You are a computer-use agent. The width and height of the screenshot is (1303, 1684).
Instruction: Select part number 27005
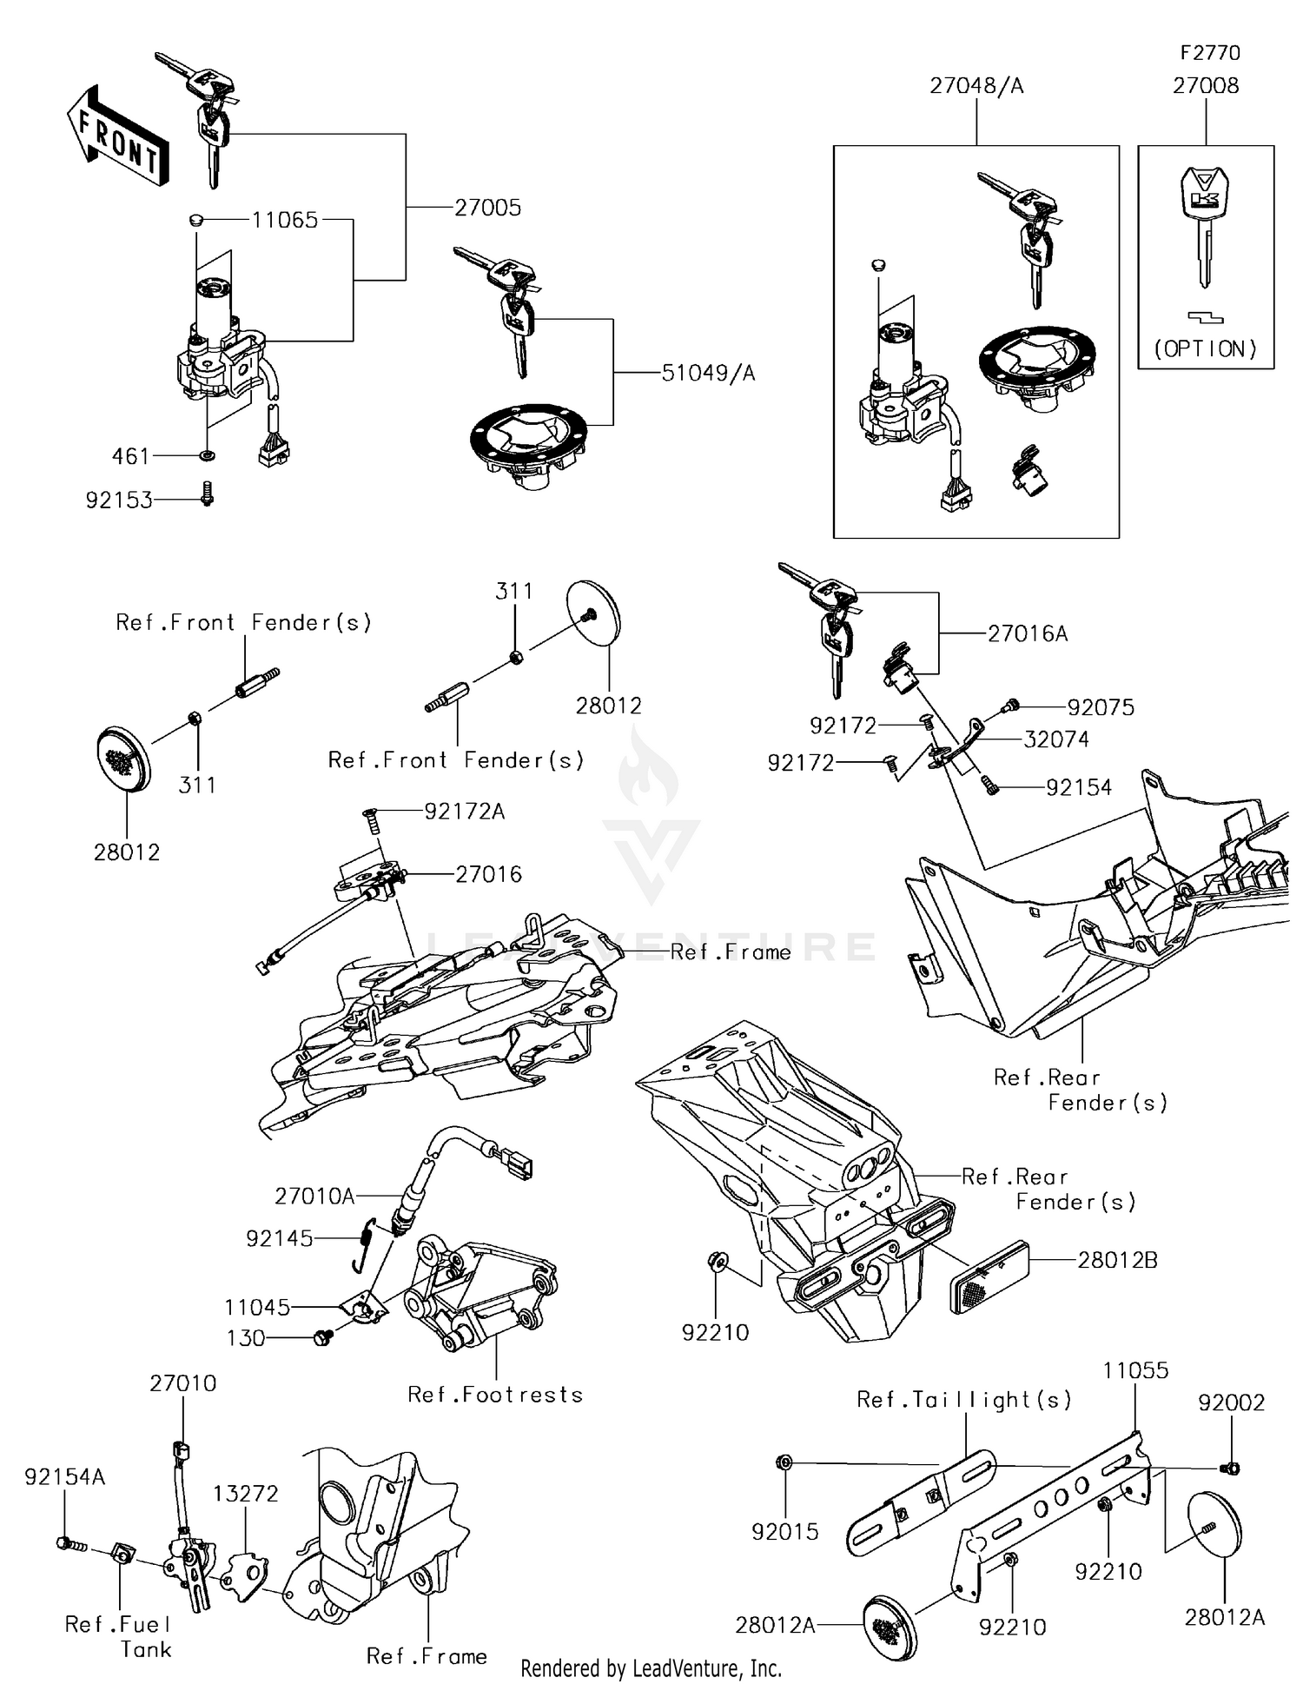point(487,208)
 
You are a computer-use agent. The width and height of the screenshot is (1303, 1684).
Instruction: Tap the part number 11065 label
point(285,220)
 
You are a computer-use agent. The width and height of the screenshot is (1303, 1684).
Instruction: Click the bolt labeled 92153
point(207,495)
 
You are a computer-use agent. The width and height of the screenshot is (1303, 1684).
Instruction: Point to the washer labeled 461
point(207,455)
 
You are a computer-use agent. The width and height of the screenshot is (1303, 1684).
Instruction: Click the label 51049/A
point(708,374)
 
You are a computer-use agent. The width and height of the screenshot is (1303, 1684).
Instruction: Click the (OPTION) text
point(1206,349)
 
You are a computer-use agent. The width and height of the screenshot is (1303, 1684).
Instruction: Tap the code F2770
point(1209,53)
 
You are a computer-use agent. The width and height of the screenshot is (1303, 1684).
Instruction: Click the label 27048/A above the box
point(976,86)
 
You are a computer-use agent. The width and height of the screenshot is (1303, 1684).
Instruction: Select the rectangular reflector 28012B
point(990,1277)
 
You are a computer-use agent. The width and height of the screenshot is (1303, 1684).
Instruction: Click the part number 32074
point(1055,739)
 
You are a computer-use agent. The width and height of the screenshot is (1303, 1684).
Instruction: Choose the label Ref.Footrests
point(495,1395)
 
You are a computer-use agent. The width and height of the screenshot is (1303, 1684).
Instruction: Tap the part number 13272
point(246,1494)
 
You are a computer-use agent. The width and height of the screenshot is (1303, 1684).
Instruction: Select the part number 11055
point(1135,1370)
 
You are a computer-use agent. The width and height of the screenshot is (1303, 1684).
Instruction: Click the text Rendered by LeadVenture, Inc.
point(651,1668)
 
